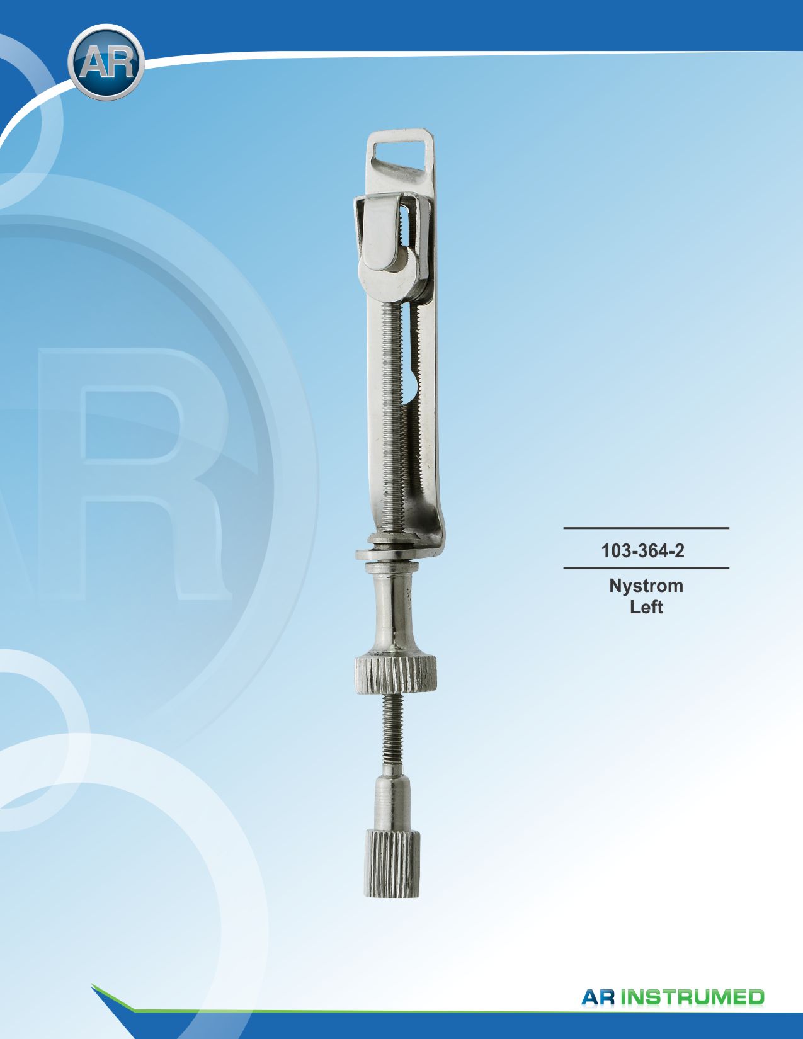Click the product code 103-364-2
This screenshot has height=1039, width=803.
pos(642,551)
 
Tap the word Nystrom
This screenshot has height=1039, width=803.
pos(646,587)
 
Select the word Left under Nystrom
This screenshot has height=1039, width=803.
pos(646,607)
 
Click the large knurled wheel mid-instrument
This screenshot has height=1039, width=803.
pos(396,674)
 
